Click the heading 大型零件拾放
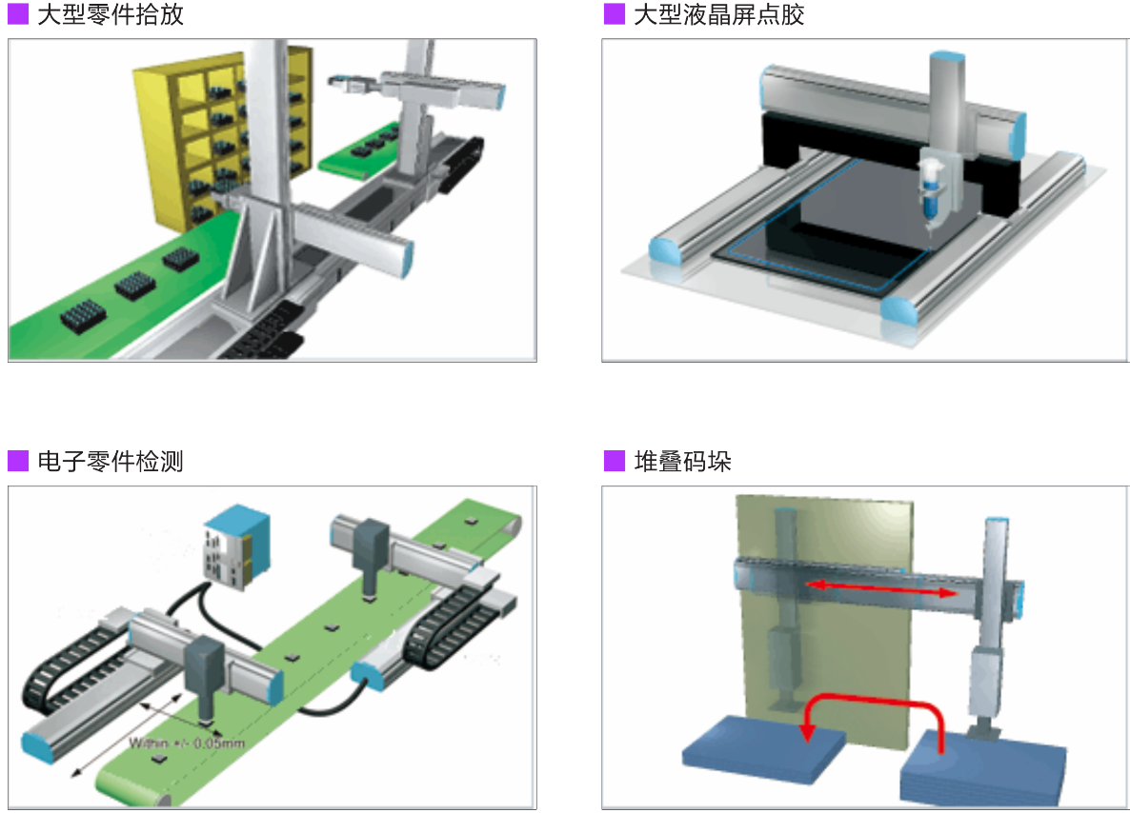[x=111, y=15]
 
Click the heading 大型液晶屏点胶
[x=719, y=15]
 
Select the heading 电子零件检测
[x=111, y=462]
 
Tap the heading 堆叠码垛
[x=683, y=462]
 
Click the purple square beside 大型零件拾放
[x=18, y=15]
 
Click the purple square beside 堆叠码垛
[x=615, y=462]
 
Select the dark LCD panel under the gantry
[x=819, y=224]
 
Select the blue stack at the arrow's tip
[x=762, y=752]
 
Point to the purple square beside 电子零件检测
[x=18, y=462]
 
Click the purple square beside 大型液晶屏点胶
[x=615, y=15]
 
